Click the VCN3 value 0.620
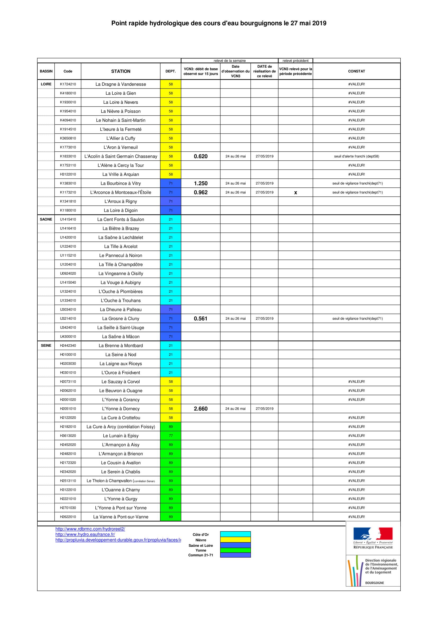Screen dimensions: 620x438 (201, 156)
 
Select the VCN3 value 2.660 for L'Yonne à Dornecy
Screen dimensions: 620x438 (201, 408)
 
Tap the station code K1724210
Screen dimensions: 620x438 (68, 84)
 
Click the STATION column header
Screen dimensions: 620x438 (121, 71)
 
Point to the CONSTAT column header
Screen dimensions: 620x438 (356, 71)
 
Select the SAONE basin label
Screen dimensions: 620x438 (46, 219)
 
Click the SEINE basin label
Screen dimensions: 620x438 (46, 345)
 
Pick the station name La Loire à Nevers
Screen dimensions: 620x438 (121, 102)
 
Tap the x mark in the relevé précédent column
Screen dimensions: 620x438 (295, 192)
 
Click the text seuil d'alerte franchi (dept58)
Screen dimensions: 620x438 (356, 156)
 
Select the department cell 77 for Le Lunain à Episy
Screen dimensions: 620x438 (171, 436)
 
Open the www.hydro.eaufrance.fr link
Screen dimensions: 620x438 (85, 534)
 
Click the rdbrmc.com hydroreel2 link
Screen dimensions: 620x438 (90, 529)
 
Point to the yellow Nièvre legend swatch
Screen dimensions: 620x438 (235, 540)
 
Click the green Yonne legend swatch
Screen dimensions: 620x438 (235, 550)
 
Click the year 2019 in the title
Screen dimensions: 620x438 (319, 24)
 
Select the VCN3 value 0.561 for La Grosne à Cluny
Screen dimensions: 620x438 (201, 319)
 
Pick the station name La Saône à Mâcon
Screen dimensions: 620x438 (121, 336)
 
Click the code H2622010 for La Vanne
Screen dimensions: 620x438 (68, 517)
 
